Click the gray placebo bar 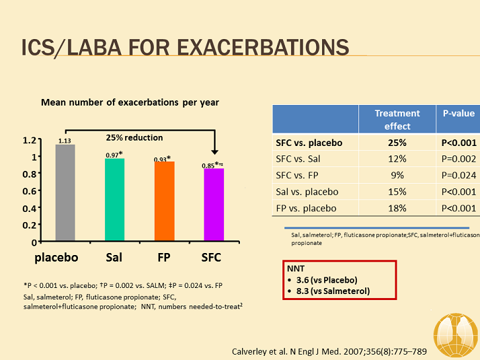[65, 192]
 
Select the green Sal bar [114, 199]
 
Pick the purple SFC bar [214, 204]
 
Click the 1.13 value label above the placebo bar [65, 141]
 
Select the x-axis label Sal [114, 258]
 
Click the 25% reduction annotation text [134, 137]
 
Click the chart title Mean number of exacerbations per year [130, 102]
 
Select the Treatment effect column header [397, 120]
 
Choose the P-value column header [458, 114]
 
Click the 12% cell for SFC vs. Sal [397, 159]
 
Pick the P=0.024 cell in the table [458, 175]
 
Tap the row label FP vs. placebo [307, 208]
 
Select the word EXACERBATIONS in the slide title [262, 47]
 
